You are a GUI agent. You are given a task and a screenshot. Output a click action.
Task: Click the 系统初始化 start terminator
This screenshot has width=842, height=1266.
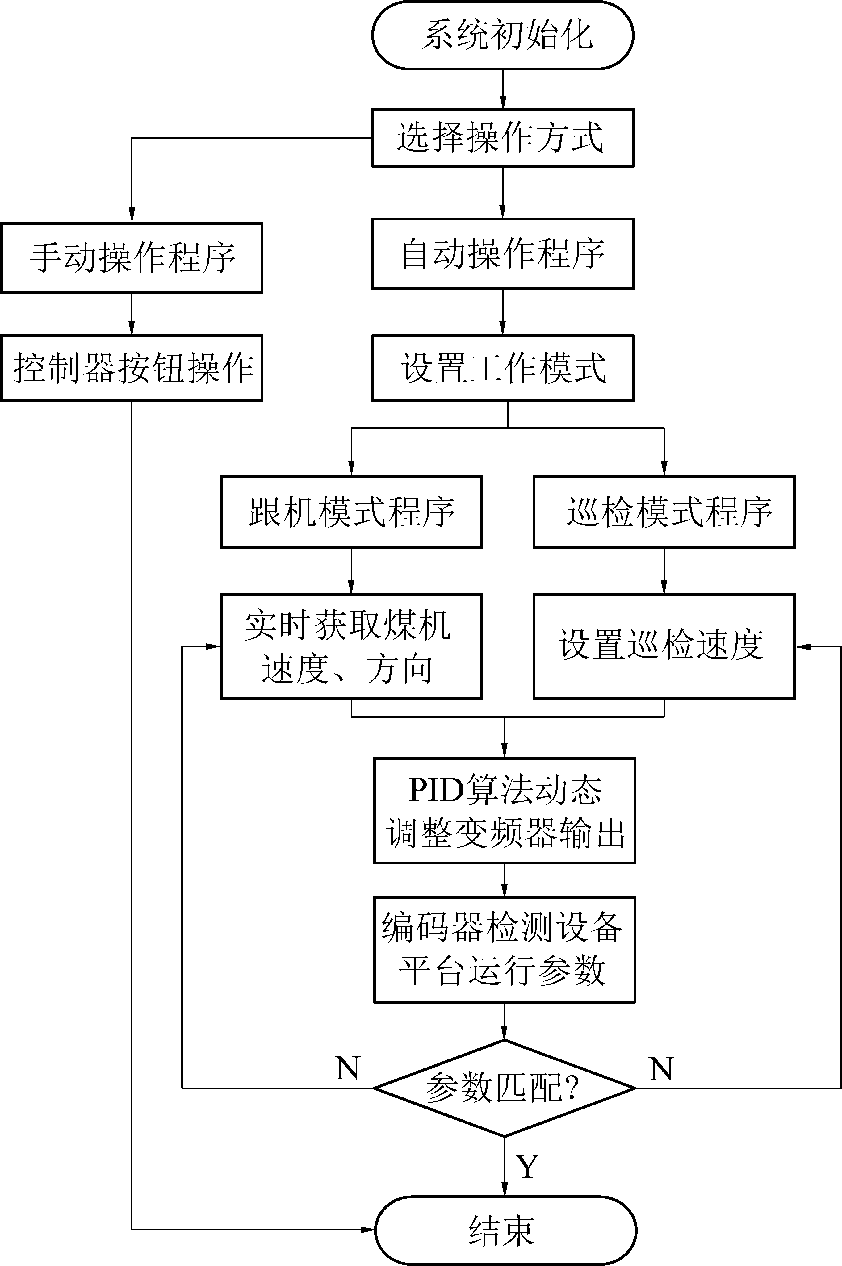503,36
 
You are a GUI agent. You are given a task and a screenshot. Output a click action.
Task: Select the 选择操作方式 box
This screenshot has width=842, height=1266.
503,137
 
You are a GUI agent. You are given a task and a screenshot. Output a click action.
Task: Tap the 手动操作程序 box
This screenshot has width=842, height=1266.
132,258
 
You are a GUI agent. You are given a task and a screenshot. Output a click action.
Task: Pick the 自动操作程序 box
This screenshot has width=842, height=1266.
503,253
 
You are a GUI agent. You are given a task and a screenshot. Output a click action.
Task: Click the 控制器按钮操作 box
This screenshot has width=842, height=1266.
132,368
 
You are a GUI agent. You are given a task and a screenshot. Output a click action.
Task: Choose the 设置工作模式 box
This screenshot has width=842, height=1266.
503,368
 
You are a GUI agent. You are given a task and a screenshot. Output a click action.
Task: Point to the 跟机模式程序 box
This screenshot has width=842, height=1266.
351,512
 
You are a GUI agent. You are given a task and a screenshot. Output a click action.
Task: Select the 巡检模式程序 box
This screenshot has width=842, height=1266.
664,512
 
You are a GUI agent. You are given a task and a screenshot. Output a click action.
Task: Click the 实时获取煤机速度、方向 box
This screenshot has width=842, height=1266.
351,646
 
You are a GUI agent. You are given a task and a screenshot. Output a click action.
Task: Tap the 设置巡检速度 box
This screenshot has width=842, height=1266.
664,646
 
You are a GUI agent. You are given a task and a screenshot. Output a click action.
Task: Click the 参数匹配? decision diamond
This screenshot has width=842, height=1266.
504,1088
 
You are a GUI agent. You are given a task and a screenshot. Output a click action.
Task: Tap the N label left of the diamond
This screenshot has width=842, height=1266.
347,1068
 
